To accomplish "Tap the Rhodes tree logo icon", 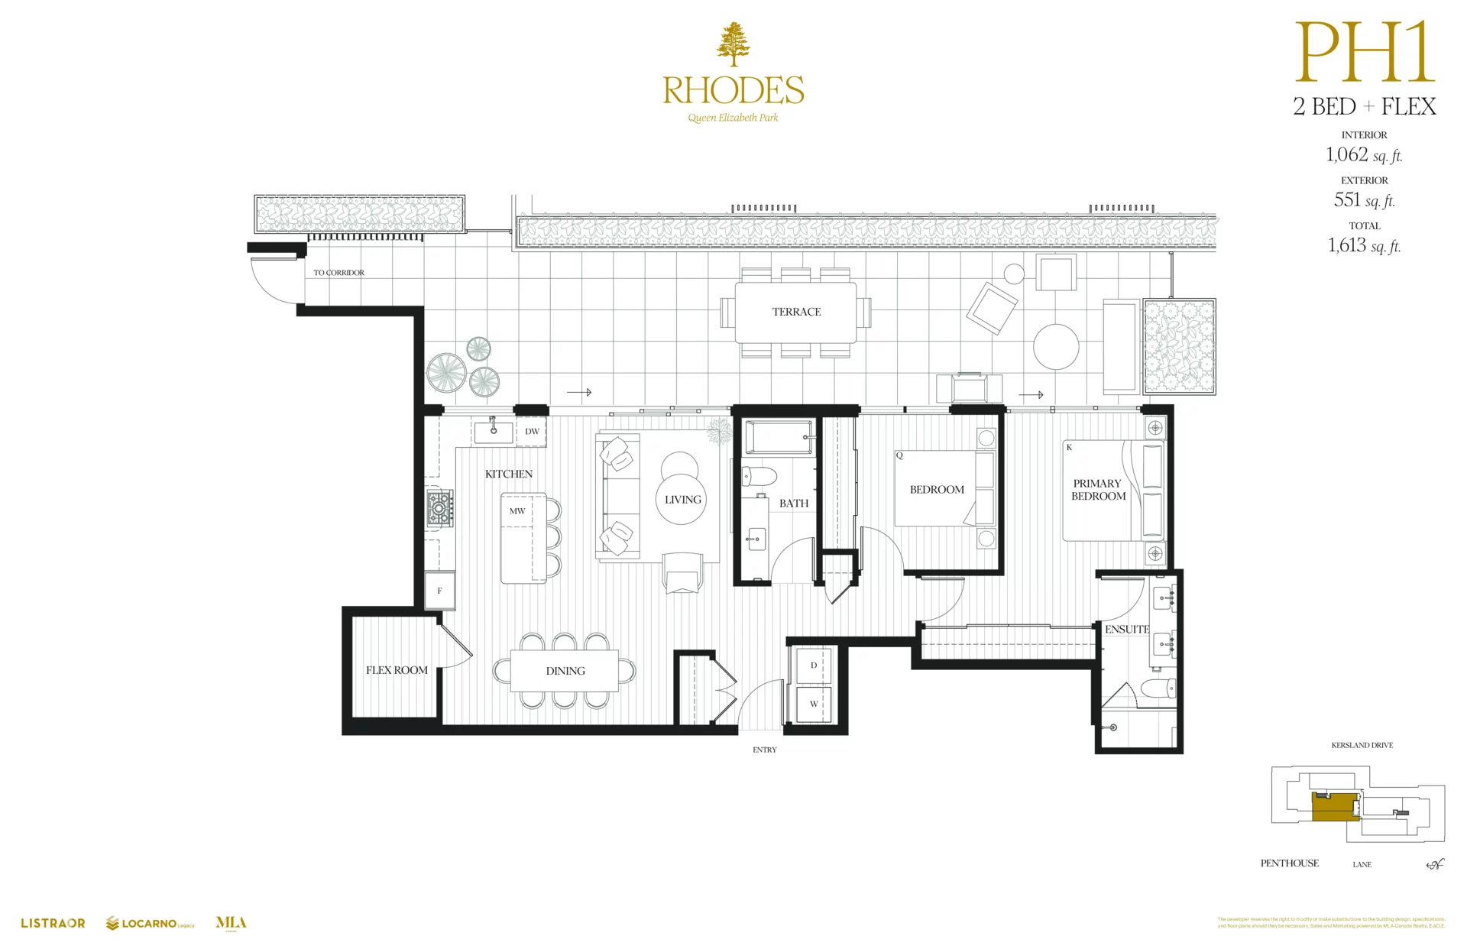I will tap(733, 44).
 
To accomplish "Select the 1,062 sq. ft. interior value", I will tap(1364, 155).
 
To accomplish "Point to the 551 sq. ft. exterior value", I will tap(1364, 200).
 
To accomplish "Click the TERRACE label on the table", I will tap(796, 312).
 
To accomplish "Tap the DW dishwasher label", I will tap(532, 432).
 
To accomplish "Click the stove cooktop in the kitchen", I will tap(440, 507).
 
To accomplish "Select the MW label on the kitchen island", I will tap(517, 511).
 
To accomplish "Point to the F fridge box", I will tap(440, 591).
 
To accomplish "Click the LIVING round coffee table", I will tap(682, 500).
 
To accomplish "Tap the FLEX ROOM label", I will tap(397, 670).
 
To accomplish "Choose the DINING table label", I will tap(565, 671).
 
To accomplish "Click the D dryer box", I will tap(813, 666).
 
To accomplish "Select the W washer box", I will tap(813, 704).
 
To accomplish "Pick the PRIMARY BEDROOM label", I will tap(1098, 490).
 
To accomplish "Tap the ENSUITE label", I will tap(1126, 630).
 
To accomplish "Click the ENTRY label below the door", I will tap(764, 750).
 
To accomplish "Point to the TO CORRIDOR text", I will tap(338, 273).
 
